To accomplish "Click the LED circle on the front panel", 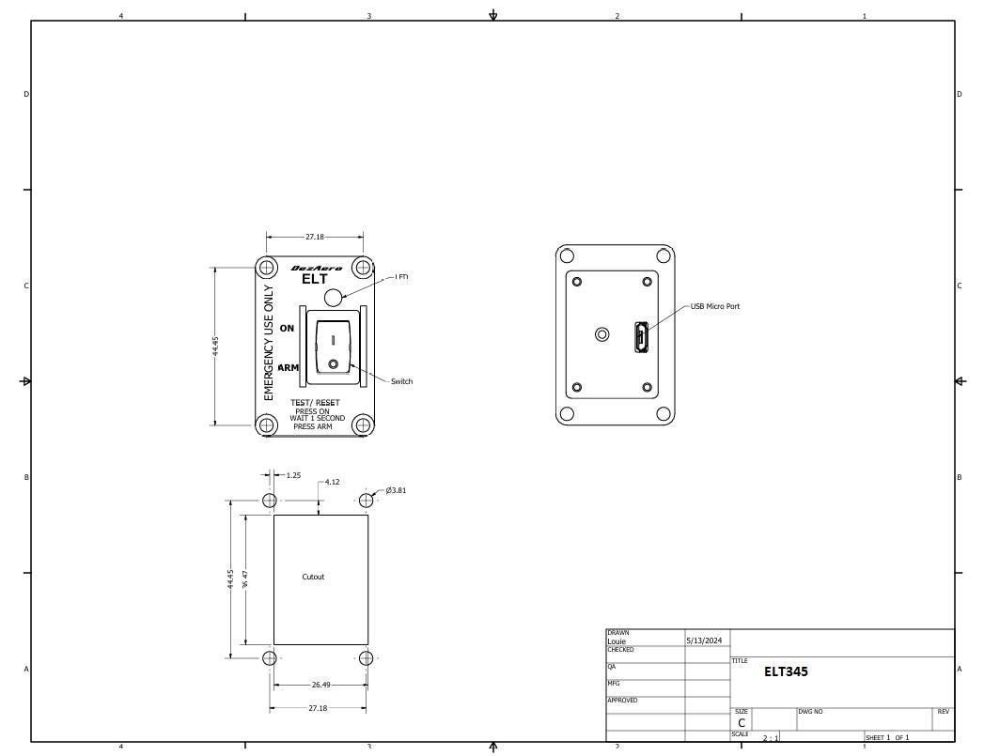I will pyautogui.click(x=333, y=298).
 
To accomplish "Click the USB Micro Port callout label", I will pyautogui.click(x=714, y=306).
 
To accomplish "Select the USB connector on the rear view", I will pyautogui.click(x=641, y=337).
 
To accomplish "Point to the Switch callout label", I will pyautogui.click(x=401, y=381).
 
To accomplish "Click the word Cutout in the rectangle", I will pyautogui.click(x=313, y=577).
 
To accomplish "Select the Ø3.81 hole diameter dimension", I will pyautogui.click(x=396, y=490).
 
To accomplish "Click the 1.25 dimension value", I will pyautogui.click(x=293, y=475).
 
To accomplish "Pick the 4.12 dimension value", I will pyautogui.click(x=332, y=482).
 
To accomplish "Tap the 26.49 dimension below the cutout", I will pyautogui.click(x=320, y=685).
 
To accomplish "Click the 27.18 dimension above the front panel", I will pyautogui.click(x=315, y=238).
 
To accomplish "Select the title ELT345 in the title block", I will pyautogui.click(x=786, y=671).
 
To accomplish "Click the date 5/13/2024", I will pyautogui.click(x=704, y=640).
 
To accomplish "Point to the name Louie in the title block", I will pyautogui.click(x=617, y=641).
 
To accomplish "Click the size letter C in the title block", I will pyautogui.click(x=742, y=723).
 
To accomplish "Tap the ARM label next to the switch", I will pyautogui.click(x=289, y=367).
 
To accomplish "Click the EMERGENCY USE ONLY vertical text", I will pyautogui.click(x=269, y=343).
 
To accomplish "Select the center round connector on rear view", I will pyautogui.click(x=602, y=334).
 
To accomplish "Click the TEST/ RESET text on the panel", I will pyautogui.click(x=315, y=403).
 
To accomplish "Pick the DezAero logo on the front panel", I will pyautogui.click(x=316, y=268).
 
